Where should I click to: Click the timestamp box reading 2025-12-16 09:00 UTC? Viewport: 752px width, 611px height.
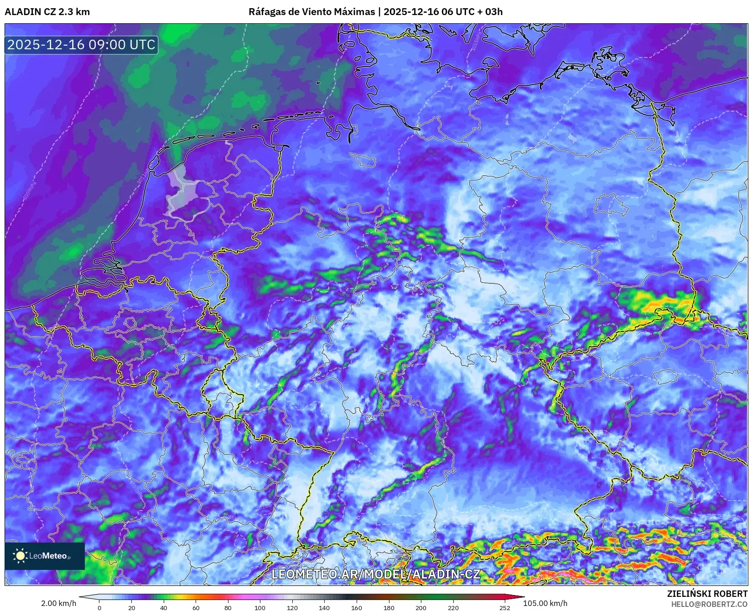tap(81, 45)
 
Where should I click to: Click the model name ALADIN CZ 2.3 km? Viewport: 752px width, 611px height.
tap(47, 12)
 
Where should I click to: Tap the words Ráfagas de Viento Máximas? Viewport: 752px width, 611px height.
tap(311, 12)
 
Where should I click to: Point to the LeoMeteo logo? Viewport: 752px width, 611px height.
tap(44, 556)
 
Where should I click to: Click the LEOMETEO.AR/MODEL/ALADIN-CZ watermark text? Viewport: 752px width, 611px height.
tap(376, 574)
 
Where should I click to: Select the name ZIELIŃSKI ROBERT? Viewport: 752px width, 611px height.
tap(707, 594)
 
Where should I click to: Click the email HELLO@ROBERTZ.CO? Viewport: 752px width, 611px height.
tap(709, 604)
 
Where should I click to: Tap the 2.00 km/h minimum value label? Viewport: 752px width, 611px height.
tap(59, 603)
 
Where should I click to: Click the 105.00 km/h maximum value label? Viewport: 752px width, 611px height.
tap(545, 603)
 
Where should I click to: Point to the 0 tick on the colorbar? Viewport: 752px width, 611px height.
tap(99, 607)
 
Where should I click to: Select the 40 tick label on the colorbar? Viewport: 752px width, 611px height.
tap(164, 607)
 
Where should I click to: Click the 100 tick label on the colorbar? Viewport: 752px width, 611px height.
tap(260, 607)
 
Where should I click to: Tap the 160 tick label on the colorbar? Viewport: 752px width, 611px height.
tap(357, 607)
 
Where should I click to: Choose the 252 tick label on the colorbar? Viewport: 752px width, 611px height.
tap(504, 607)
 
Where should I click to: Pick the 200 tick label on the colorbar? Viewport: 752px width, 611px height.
tap(421, 607)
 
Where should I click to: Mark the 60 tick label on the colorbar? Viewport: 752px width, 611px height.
tap(196, 607)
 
